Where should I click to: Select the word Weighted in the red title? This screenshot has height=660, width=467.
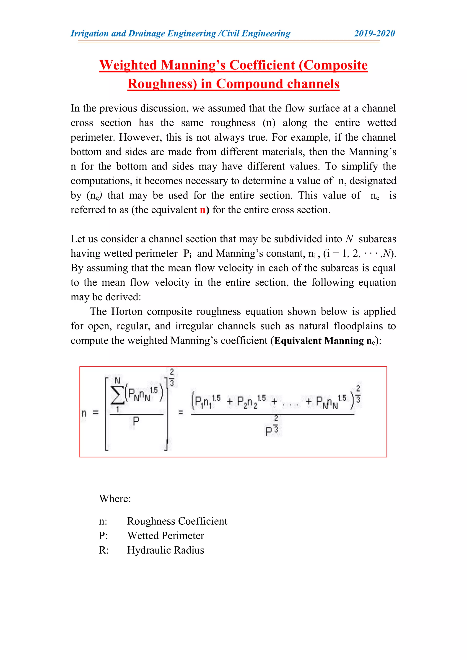(128, 65)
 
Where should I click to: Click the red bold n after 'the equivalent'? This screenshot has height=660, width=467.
(203, 210)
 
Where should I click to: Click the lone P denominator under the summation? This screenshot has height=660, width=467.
(136, 422)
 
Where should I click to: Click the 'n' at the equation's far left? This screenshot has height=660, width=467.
(84, 413)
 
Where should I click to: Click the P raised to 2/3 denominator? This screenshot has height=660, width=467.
(271, 430)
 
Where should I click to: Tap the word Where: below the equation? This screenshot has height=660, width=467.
(115, 499)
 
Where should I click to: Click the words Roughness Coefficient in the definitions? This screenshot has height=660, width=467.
(177, 521)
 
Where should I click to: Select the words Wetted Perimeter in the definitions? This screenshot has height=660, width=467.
(166, 536)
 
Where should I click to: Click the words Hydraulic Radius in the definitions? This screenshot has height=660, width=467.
(166, 550)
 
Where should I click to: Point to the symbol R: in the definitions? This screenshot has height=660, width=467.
(104, 550)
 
